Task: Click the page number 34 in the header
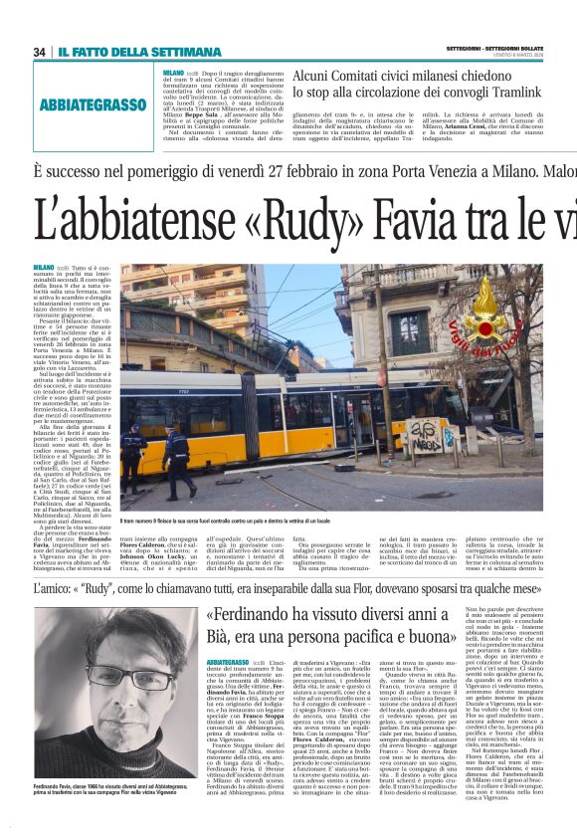pyautogui.click(x=40, y=52)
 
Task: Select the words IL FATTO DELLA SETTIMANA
pyautogui.click(x=138, y=52)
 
